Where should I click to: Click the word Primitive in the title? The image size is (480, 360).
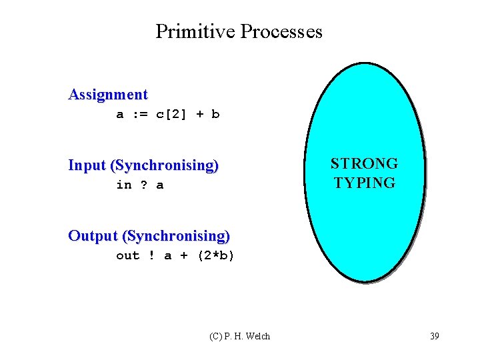click(195, 31)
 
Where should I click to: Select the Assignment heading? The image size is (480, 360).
click(107, 95)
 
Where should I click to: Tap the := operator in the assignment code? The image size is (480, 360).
click(139, 114)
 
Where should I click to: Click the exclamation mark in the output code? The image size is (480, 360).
click(151, 255)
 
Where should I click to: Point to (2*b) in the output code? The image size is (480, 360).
click(216, 255)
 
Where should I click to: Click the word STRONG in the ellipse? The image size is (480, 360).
click(364, 164)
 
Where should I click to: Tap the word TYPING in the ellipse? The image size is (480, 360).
click(364, 183)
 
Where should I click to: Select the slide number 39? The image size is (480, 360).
click(434, 336)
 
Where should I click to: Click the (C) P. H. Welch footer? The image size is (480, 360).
click(239, 336)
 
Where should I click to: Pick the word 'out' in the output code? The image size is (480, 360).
click(127, 255)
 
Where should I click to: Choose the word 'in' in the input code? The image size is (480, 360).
click(123, 185)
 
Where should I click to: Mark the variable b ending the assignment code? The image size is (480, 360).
click(215, 114)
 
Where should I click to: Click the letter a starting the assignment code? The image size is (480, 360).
click(120, 114)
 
